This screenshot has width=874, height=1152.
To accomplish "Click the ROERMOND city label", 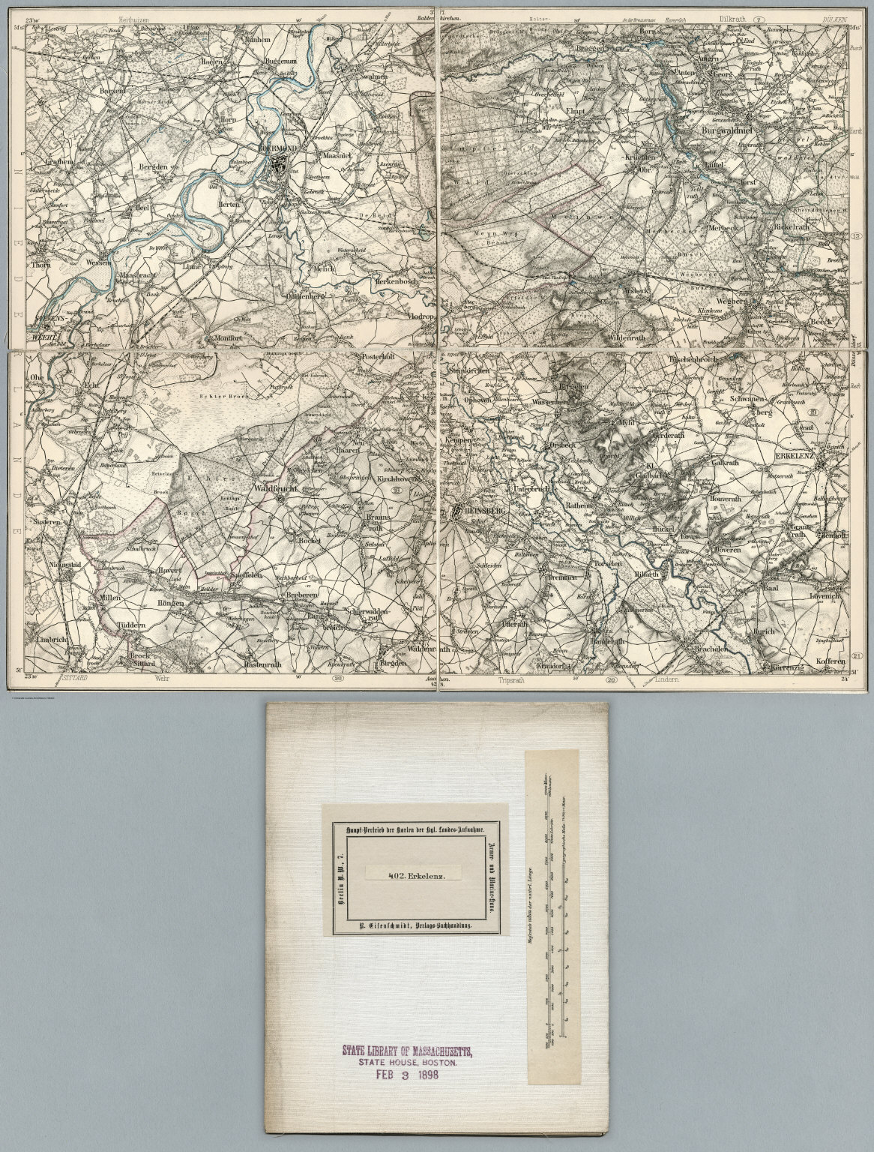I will pyautogui.click(x=277, y=148).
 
